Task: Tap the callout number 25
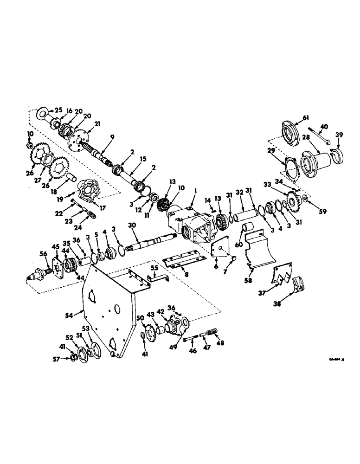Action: click(58, 110)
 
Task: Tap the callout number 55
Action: click(155, 268)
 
